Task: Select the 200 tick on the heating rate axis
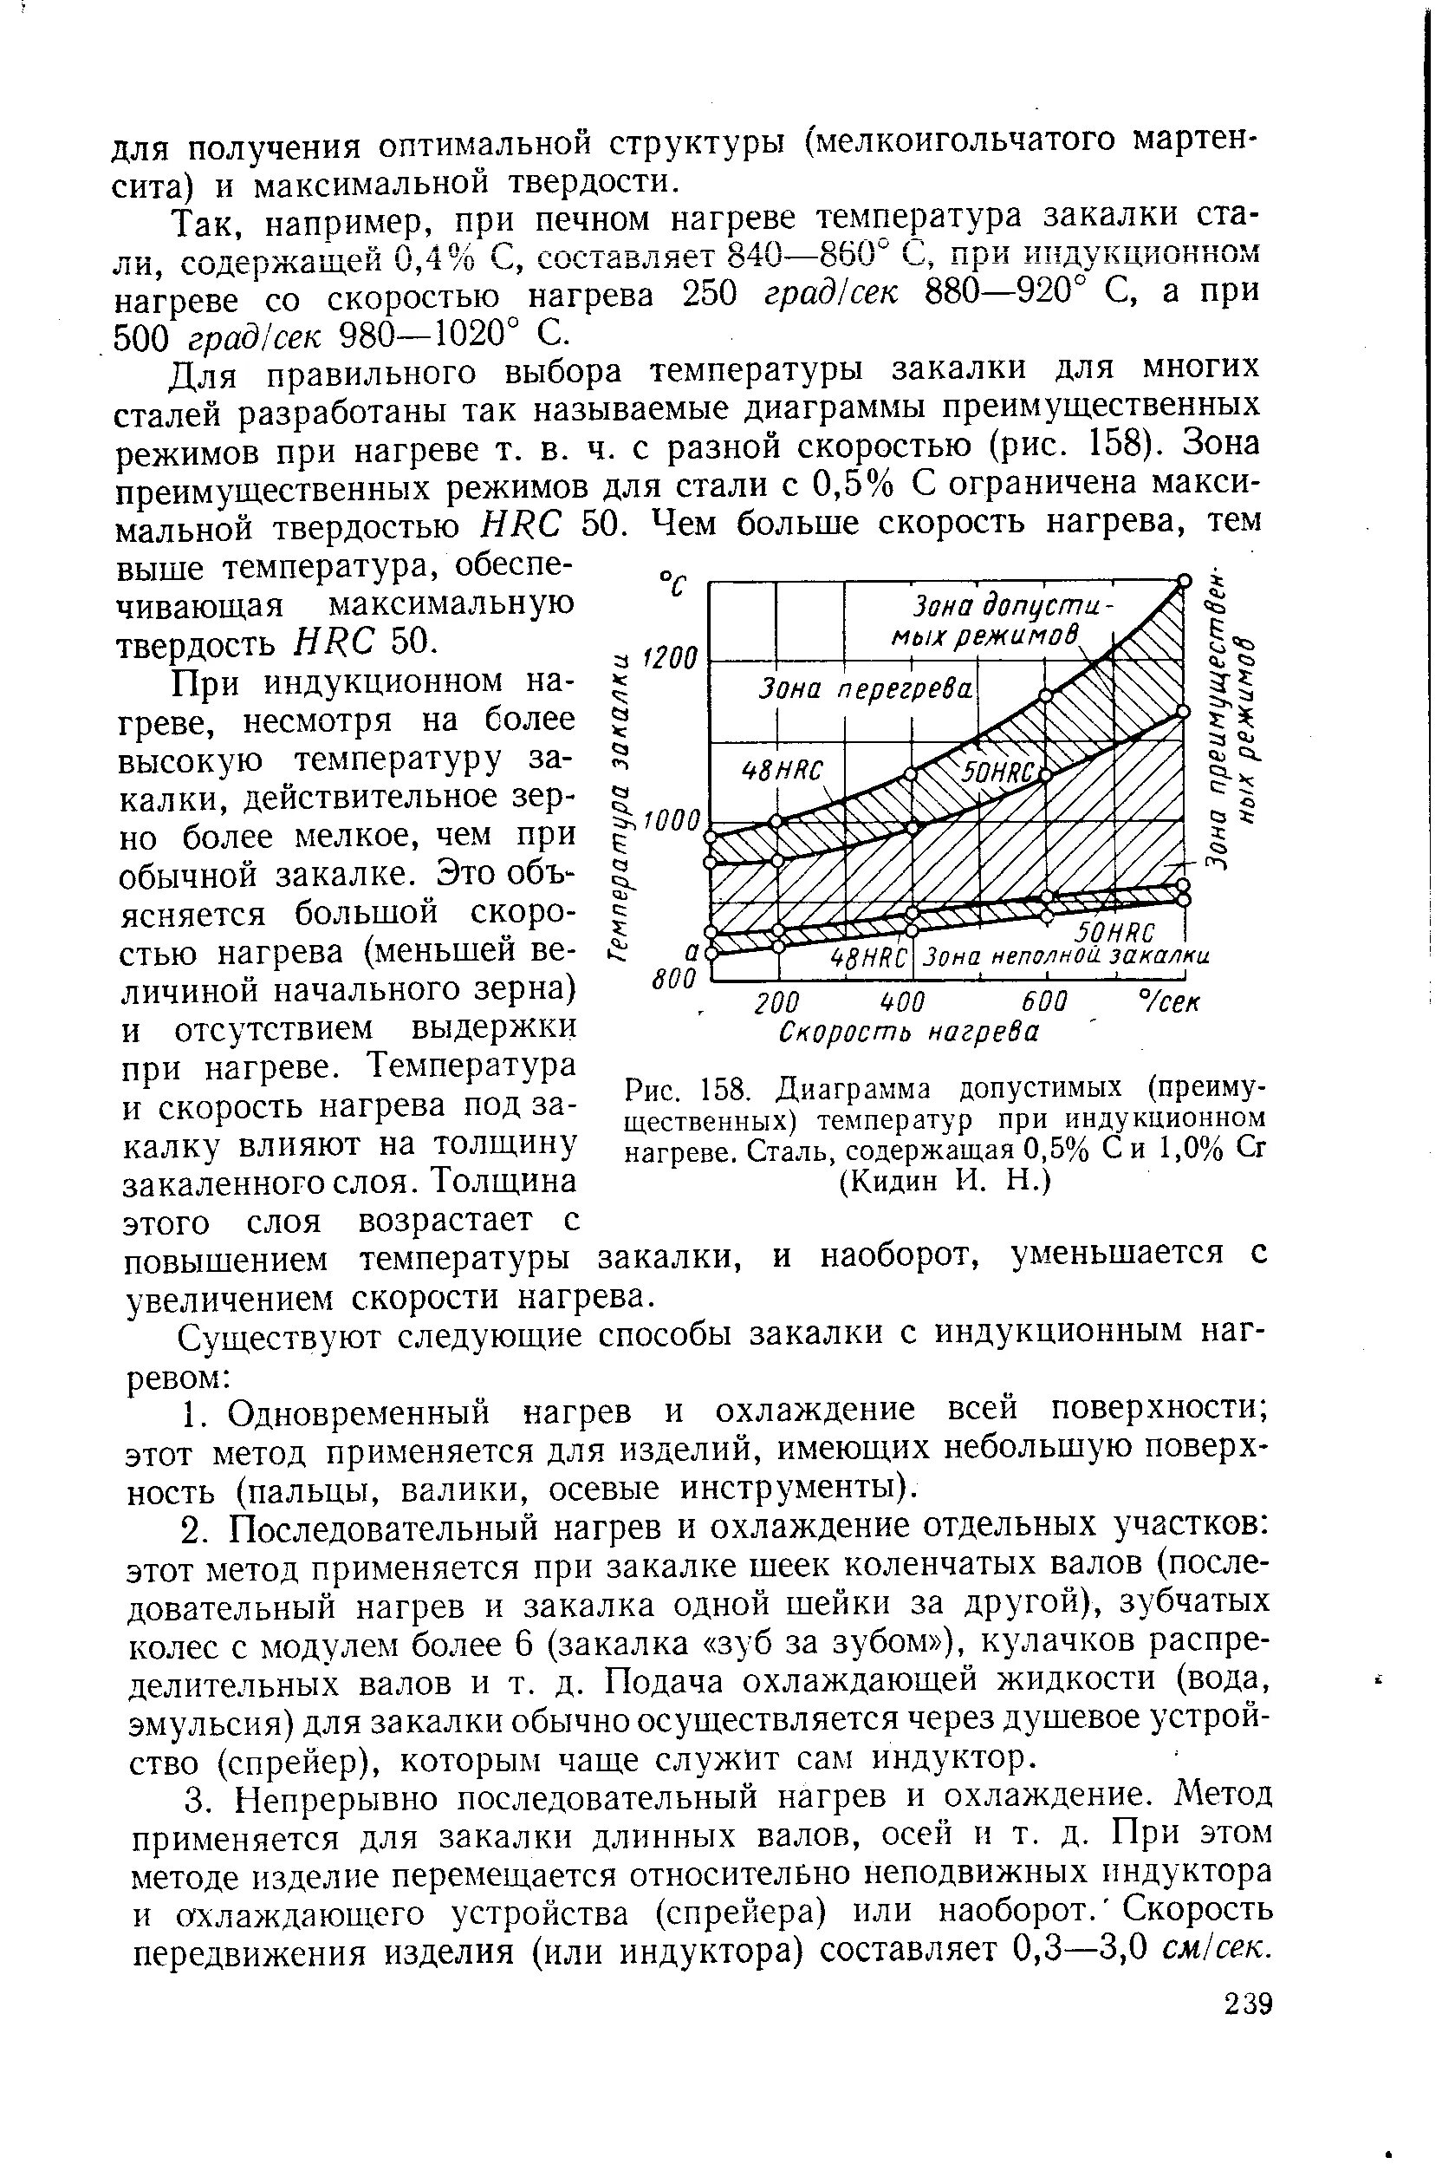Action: pyautogui.click(x=777, y=1002)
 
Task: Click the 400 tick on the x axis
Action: pyautogui.click(x=902, y=1002)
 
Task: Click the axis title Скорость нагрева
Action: pyautogui.click(x=907, y=1033)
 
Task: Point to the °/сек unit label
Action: pyautogui.click(x=1169, y=1001)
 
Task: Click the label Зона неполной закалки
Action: pyautogui.click(x=1067, y=957)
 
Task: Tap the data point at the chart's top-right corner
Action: pyautogui.click(x=1185, y=581)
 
